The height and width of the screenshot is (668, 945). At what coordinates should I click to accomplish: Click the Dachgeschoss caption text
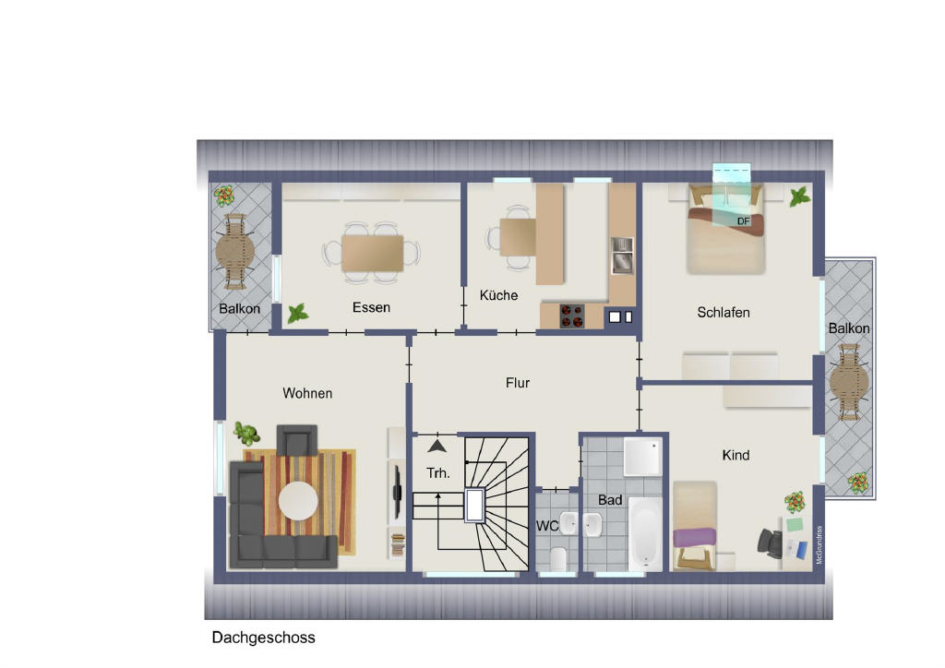point(263,638)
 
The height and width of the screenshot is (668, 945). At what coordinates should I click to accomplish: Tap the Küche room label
point(498,295)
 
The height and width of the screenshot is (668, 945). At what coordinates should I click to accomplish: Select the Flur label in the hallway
point(518,383)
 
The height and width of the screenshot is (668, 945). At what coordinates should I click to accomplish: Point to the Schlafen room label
point(724,312)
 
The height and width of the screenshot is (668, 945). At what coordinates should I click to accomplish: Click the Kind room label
point(736,456)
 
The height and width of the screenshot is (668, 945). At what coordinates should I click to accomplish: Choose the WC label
point(547,526)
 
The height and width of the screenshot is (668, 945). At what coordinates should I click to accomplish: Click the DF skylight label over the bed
point(743,221)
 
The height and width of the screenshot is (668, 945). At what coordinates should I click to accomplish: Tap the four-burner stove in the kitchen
point(572,316)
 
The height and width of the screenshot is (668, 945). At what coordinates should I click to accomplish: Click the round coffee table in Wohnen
point(298,501)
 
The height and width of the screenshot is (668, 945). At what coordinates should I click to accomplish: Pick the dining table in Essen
point(372,254)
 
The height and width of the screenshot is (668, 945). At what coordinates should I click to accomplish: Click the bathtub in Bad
point(645,533)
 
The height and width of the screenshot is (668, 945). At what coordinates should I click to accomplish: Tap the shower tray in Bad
point(642,457)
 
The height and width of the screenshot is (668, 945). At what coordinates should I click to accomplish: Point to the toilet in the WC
point(557,559)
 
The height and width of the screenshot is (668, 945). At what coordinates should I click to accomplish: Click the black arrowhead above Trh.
point(437,446)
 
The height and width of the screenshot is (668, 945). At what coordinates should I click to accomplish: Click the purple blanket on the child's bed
point(694,537)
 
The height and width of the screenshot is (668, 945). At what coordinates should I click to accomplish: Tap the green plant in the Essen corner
point(297,314)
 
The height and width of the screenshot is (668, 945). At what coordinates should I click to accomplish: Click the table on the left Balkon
point(235,252)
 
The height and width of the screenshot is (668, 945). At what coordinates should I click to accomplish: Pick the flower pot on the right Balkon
point(857,482)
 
